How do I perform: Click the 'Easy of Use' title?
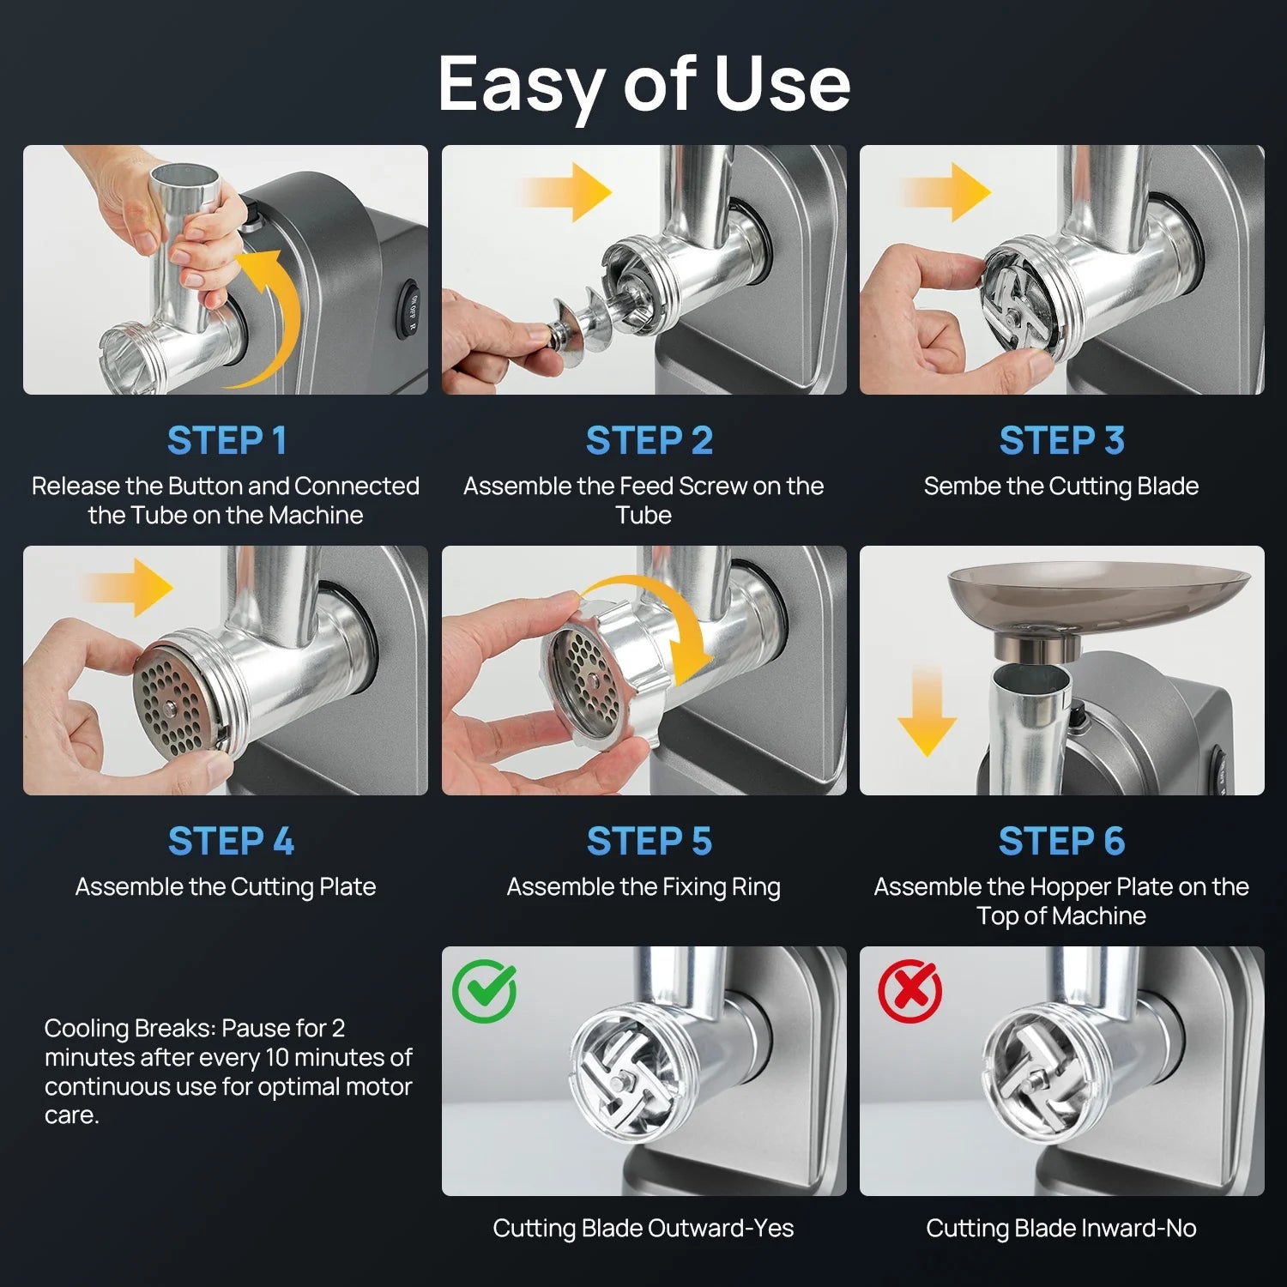point(643,85)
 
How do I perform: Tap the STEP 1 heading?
point(227,441)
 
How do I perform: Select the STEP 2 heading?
point(650,441)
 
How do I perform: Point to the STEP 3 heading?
point(1061,441)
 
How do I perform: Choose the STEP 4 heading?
point(231,842)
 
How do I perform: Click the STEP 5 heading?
point(650,842)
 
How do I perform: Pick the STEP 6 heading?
point(1061,842)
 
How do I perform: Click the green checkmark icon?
point(485,991)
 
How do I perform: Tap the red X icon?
point(910,991)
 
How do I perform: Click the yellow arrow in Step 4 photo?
point(129,588)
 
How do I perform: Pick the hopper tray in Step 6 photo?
point(1099,597)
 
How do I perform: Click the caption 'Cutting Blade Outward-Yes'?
point(643,1229)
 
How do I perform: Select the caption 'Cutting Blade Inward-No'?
point(1061,1229)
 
